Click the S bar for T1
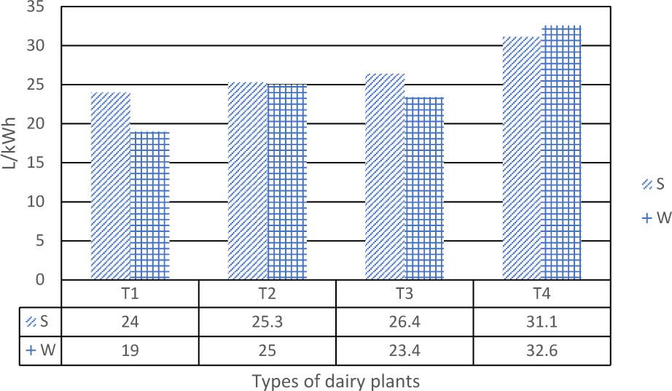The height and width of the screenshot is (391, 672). click(x=110, y=186)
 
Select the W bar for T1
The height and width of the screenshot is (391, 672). click(x=150, y=206)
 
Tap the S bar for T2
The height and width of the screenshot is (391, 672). click(x=248, y=181)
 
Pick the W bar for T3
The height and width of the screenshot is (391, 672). click(x=424, y=188)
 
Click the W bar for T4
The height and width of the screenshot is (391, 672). click(x=562, y=152)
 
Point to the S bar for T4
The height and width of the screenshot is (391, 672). click(x=523, y=158)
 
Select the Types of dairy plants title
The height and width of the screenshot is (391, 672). click(x=336, y=381)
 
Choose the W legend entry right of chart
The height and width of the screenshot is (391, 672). click(x=655, y=217)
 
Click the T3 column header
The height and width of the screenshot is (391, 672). click(x=405, y=294)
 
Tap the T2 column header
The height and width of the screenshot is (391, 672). click(x=267, y=294)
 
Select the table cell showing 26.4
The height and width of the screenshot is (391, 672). click(x=405, y=322)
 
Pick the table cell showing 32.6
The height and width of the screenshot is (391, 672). click(x=542, y=349)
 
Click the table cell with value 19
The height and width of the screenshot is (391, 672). click(x=130, y=349)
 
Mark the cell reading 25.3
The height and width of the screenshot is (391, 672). click(x=267, y=322)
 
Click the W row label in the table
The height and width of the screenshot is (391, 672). click(x=42, y=349)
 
